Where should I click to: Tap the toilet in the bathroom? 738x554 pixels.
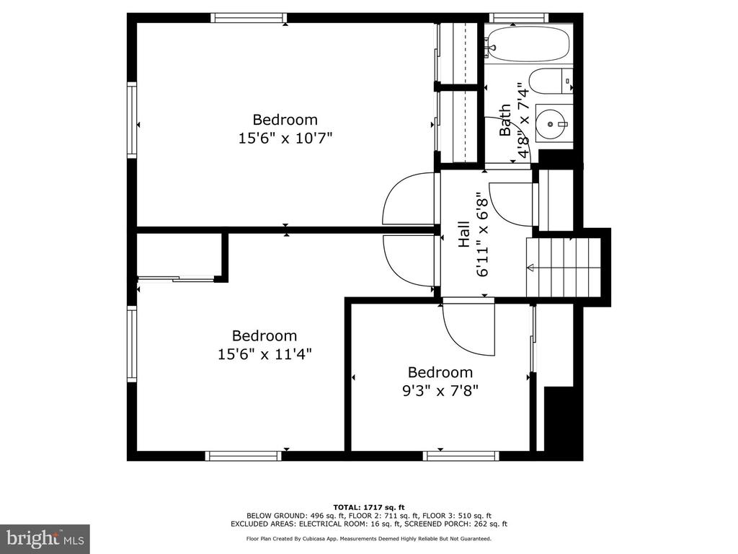[x=550, y=82]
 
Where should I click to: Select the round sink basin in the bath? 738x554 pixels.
[x=551, y=124]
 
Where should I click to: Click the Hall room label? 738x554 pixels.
[x=464, y=234]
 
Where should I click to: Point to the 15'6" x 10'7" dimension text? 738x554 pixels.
[x=285, y=138]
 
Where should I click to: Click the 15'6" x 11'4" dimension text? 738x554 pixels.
[x=264, y=353]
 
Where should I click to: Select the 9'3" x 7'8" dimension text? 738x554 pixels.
[x=440, y=390]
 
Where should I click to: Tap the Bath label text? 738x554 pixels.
[x=505, y=120]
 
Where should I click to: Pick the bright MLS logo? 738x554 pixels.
[x=45, y=538]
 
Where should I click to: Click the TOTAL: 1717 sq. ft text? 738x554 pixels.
[x=368, y=507]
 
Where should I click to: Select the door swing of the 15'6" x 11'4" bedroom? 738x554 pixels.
[x=408, y=260]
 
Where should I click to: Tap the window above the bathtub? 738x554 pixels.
[x=519, y=18]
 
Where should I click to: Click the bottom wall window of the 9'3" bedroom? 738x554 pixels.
[x=461, y=456]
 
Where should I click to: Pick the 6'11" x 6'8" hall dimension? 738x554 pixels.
[x=484, y=234]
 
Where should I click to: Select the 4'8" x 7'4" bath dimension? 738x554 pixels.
[x=523, y=120]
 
